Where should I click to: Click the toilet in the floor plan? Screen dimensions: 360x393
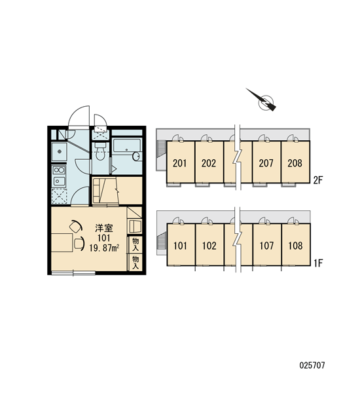point(100,151)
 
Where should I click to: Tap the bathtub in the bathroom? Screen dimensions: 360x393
point(126,145)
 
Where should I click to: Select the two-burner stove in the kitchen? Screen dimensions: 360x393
point(59,170)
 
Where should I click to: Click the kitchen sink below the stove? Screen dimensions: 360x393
point(59,181)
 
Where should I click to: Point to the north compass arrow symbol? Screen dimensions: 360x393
point(262,100)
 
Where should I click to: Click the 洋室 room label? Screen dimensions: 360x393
point(104,228)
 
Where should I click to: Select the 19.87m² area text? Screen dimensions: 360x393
point(104,248)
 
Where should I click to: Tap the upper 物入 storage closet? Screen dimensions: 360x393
point(135,244)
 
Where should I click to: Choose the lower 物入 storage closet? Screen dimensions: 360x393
point(135,263)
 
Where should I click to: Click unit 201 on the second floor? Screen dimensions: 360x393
point(181,162)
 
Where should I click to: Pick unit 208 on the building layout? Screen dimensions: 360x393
point(295,162)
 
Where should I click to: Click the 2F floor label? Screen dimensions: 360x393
point(318,180)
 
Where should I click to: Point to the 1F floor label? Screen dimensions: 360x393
point(318,263)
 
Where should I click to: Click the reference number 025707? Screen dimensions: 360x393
point(312,365)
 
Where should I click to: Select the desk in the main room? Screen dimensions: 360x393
point(62,242)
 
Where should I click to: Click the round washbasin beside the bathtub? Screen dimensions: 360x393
point(136,157)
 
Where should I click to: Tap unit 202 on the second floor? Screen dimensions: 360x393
point(209,162)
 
